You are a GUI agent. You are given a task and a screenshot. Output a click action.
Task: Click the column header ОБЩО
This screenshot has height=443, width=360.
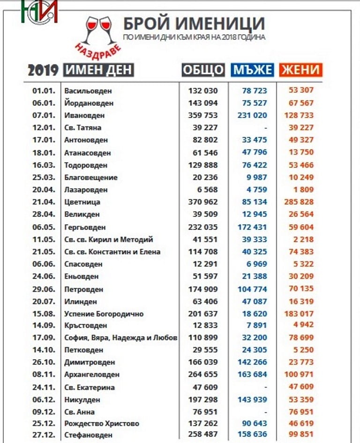click(x=203, y=70)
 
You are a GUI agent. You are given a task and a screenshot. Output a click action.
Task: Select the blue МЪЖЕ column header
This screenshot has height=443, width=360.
click(x=252, y=70)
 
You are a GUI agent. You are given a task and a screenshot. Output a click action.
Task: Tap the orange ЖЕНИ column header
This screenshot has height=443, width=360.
click(x=300, y=70)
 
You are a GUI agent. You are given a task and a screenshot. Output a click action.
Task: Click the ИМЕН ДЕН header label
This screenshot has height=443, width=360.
click(x=98, y=70)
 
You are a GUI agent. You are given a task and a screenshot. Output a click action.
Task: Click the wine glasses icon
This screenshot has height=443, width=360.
click(x=99, y=30)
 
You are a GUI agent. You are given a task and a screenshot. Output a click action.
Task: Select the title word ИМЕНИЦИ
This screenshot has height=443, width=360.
click(x=219, y=23)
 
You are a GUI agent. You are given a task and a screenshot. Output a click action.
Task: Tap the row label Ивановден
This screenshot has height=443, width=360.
click(x=84, y=115)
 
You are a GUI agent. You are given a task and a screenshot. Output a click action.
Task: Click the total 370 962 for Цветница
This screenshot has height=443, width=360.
click(x=203, y=202)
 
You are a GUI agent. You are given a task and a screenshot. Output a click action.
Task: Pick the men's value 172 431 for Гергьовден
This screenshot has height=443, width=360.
click(x=252, y=227)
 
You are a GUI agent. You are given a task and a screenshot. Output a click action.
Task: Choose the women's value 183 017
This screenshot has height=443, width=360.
click(x=299, y=314)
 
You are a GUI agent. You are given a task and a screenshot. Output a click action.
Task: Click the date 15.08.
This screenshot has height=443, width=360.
click(x=44, y=314)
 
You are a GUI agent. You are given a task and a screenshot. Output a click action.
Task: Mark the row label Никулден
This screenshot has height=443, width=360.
click(x=82, y=400)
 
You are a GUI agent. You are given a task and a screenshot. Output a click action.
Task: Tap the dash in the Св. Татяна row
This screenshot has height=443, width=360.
click(x=265, y=128)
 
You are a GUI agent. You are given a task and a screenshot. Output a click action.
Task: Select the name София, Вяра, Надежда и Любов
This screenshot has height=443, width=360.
click(x=121, y=338)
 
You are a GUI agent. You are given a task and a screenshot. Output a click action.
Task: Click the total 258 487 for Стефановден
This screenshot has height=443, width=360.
click(x=203, y=434)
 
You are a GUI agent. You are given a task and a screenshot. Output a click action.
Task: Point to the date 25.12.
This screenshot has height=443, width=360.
click(x=44, y=423)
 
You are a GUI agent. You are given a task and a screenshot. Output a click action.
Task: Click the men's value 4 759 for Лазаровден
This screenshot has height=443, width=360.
click(x=256, y=190)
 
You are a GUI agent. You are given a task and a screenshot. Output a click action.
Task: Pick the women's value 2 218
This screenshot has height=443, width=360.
click(x=303, y=239)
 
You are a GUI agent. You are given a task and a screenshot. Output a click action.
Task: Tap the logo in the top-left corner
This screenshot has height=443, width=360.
click(x=39, y=11)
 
